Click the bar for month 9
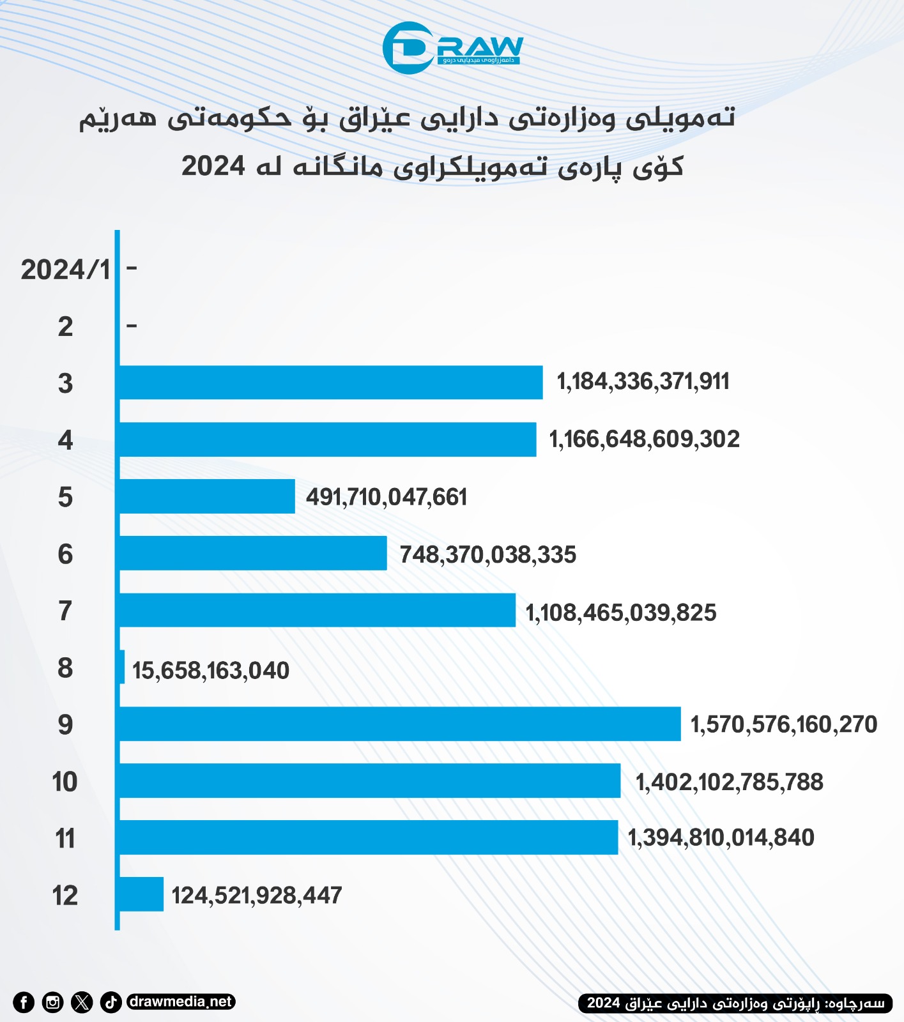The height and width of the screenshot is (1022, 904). (400, 724)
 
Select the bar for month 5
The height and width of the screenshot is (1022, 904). (207, 496)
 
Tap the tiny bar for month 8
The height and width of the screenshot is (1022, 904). (122, 667)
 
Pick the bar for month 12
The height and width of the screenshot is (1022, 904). (141, 894)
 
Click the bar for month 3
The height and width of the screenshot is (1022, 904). (331, 383)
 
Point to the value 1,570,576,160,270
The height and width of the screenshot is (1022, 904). (784, 724)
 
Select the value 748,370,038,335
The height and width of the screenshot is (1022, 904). (488, 554)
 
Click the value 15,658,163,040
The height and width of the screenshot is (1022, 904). (211, 671)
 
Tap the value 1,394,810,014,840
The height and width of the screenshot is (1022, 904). (721, 837)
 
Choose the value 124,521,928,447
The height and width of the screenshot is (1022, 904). (257, 896)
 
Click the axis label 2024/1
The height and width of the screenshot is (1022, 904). (65, 270)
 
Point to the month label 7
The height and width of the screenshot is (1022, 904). (65, 611)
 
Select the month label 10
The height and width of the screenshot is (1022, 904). (65, 782)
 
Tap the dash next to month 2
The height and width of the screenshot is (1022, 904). (132, 326)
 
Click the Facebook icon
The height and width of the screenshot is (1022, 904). (24, 1002)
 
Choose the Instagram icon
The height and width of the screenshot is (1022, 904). (52, 1002)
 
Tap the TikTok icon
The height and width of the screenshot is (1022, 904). (111, 1002)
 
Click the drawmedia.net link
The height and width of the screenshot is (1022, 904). (181, 1002)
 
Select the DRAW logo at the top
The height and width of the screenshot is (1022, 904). (452, 48)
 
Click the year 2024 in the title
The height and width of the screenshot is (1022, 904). (213, 166)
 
